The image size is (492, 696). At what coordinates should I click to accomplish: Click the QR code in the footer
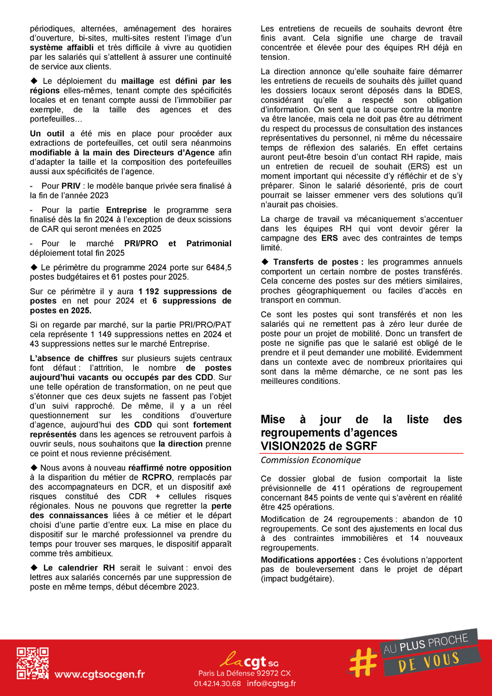(x=32, y=663)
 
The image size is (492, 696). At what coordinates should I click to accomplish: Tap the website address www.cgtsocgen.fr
(x=99, y=674)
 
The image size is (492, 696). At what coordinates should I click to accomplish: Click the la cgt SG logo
(x=249, y=661)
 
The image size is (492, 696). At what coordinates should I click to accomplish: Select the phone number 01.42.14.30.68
(x=217, y=683)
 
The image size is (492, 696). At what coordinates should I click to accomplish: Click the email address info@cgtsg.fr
(x=271, y=683)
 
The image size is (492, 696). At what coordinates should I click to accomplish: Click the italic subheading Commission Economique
(x=311, y=460)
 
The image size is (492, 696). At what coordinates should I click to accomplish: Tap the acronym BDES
(x=450, y=90)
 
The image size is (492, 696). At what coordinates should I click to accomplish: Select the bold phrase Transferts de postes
(x=315, y=262)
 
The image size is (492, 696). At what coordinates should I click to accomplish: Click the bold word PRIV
(x=71, y=186)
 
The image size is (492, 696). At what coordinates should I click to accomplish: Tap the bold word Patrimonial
(x=209, y=244)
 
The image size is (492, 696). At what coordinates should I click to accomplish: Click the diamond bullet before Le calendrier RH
(x=34, y=568)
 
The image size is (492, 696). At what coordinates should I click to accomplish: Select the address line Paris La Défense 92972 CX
(x=245, y=673)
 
